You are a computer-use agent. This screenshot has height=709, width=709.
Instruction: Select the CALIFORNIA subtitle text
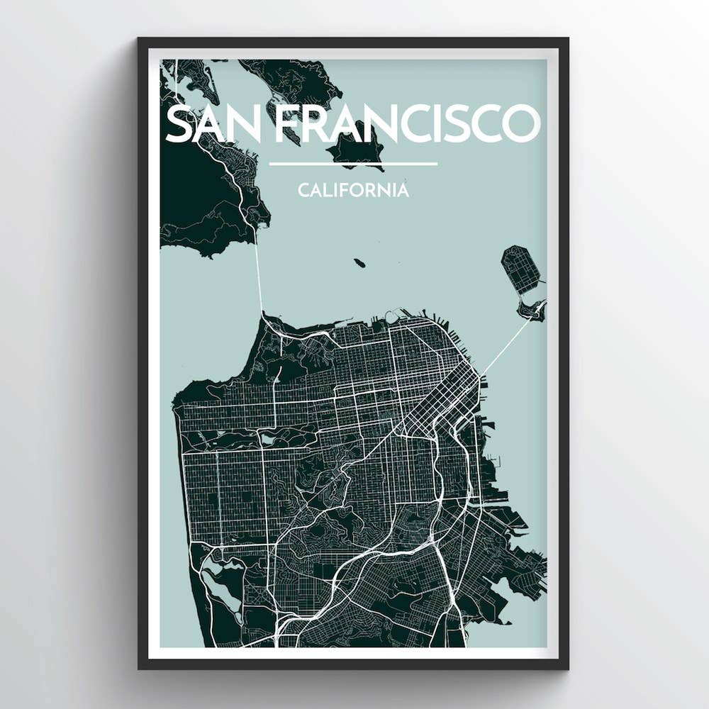click(x=352, y=190)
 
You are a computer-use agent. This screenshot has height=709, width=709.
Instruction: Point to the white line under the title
click(x=352, y=164)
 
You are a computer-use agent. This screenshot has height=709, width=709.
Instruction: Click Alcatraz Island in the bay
click(x=359, y=263)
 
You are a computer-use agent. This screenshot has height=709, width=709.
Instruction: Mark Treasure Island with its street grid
click(x=521, y=269)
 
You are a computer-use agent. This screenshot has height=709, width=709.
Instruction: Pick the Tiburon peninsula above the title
click(x=298, y=82)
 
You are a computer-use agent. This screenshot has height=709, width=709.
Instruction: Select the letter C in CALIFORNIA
click(x=303, y=190)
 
